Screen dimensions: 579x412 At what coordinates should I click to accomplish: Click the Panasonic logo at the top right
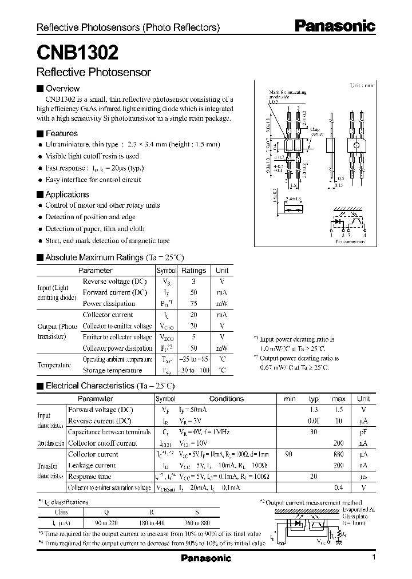coord(335,26)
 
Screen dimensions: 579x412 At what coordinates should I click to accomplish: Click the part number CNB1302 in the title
coord(78,53)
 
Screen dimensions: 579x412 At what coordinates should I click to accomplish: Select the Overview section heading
coord(62,89)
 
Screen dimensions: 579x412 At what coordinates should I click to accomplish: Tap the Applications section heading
coord(67,195)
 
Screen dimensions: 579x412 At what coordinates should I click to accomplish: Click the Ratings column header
coord(193,270)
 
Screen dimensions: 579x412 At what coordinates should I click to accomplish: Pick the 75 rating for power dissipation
coord(193,304)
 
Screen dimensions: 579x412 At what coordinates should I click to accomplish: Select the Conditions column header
coord(226,399)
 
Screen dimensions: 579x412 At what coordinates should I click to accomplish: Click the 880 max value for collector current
coord(339,454)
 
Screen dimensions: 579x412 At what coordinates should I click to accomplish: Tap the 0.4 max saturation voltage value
coord(339,487)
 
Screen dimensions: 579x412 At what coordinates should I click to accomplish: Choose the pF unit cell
coord(363,432)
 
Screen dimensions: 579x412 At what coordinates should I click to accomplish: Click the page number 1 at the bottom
coord(373,558)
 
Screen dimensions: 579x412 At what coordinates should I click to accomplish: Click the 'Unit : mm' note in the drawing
coord(361,85)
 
